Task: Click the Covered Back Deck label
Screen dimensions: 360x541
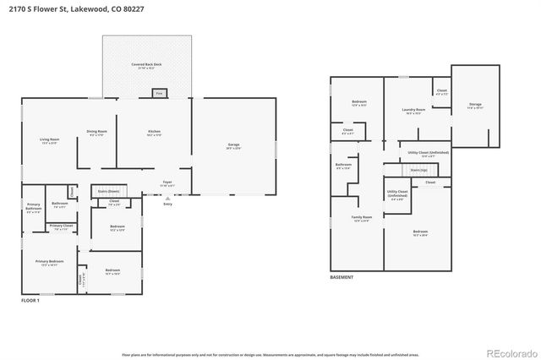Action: tap(145, 64)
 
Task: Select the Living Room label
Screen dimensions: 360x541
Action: tap(49, 140)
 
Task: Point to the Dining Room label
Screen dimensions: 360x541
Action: tap(96, 132)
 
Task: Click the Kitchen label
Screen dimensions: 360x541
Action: tap(154, 132)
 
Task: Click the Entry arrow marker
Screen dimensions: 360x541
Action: tap(167, 198)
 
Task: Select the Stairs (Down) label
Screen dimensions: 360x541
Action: tap(108, 192)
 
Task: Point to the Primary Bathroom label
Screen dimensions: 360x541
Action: tap(33, 205)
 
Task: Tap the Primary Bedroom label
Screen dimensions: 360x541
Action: tap(49, 262)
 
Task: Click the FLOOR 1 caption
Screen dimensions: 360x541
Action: tap(30, 300)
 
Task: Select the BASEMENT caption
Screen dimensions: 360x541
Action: tap(342, 277)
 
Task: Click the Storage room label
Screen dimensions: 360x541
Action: tap(475, 105)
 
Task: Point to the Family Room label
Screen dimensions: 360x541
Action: tap(362, 217)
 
